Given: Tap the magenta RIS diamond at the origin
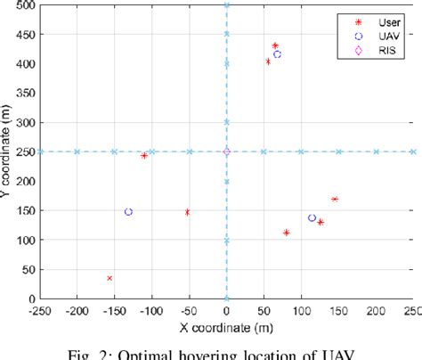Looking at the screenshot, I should (x=226, y=151).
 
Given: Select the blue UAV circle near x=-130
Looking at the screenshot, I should (x=128, y=212).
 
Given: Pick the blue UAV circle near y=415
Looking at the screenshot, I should (x=277, y=54).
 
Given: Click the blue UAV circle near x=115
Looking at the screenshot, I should (x=312, y=217).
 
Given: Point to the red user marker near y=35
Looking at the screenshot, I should (x=110, y=278).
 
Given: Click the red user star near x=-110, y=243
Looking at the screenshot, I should (x=144, y=155).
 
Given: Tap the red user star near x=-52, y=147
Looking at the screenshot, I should (x=187, y=212).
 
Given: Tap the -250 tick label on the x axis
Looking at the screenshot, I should (x=40, y=309).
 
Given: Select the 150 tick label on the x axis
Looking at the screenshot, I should (x=338, y=309).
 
